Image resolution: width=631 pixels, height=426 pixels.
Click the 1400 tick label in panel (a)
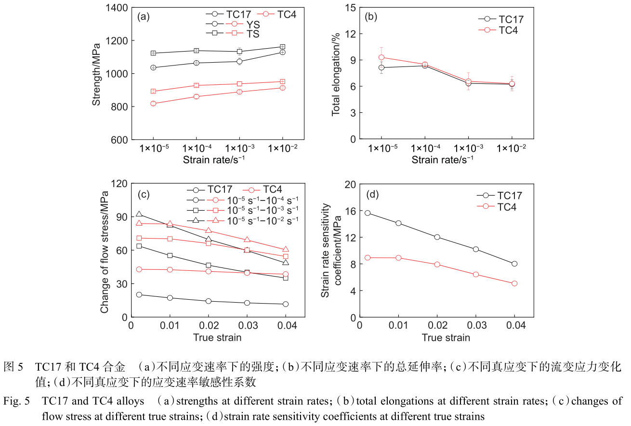115,8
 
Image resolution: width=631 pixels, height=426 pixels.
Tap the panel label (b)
371,17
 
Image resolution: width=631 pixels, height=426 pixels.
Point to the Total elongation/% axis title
336,74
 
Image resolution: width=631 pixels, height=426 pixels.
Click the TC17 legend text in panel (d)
510,196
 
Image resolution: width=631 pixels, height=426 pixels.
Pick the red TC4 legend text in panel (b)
511,30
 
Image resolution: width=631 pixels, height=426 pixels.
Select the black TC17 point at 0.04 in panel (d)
514,264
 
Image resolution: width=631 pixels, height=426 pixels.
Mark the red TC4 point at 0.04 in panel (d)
514,283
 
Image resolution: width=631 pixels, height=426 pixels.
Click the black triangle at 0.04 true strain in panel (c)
286,263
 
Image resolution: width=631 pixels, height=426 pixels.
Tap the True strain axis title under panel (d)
446,337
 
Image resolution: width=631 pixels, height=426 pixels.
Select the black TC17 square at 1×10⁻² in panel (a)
283,47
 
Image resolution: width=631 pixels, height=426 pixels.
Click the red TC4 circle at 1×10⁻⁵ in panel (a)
153,104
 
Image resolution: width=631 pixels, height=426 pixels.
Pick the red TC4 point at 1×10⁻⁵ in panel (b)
381,57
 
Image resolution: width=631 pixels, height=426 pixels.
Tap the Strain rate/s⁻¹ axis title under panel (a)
217,160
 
